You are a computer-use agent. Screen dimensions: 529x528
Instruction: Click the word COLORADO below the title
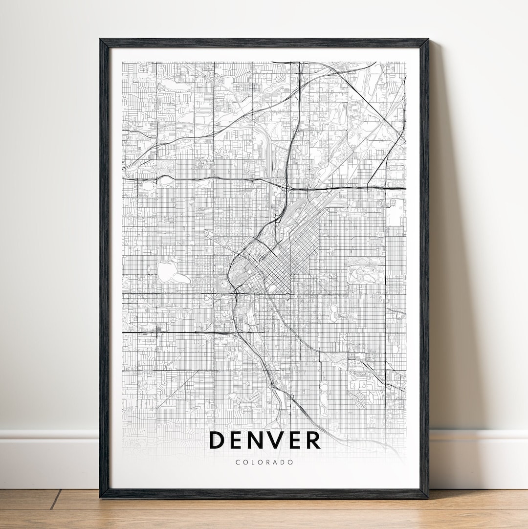[x=264, y=462]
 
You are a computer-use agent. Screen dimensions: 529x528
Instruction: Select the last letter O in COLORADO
[x=292, y=462]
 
